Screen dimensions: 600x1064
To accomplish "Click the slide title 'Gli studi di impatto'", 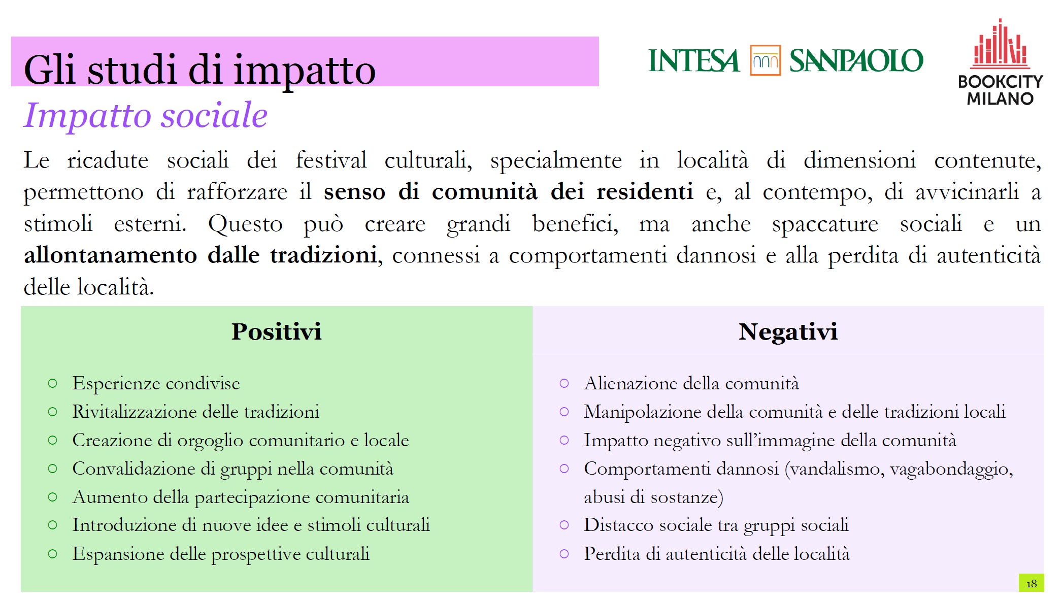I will click(x=199, y=70).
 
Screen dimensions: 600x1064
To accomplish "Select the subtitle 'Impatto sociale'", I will click(x=146, y=115).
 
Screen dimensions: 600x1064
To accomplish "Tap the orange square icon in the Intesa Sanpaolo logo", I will click(x=765, y=60).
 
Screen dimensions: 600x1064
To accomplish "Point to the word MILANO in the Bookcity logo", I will click(x=1000, y=98).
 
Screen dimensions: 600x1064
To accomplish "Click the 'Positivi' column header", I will click(x=276, y=331).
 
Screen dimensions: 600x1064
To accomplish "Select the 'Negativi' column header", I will click(x=787, y=331).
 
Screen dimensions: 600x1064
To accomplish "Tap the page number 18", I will click(x=1031, y=583).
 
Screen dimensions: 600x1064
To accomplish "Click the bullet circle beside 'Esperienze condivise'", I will click(x=52, y=383).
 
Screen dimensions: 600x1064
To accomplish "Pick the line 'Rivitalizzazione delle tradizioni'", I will click(x=195, y=412).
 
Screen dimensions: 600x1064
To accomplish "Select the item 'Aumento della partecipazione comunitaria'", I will click(x=241, y=497).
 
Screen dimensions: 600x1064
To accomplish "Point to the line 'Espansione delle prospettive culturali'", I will click(x=221, y=554).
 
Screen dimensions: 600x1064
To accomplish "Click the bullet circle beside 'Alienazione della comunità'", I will click(x=564, y=383).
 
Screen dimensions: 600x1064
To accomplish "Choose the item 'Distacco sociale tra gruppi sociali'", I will click(x=716, y=525).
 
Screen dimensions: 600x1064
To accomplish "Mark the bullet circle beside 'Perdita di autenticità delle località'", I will click(x=564, y=554).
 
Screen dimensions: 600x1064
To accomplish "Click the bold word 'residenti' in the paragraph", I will click(x=644, y=192).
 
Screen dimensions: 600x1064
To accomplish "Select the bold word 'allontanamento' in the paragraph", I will click(x=110, y=255).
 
